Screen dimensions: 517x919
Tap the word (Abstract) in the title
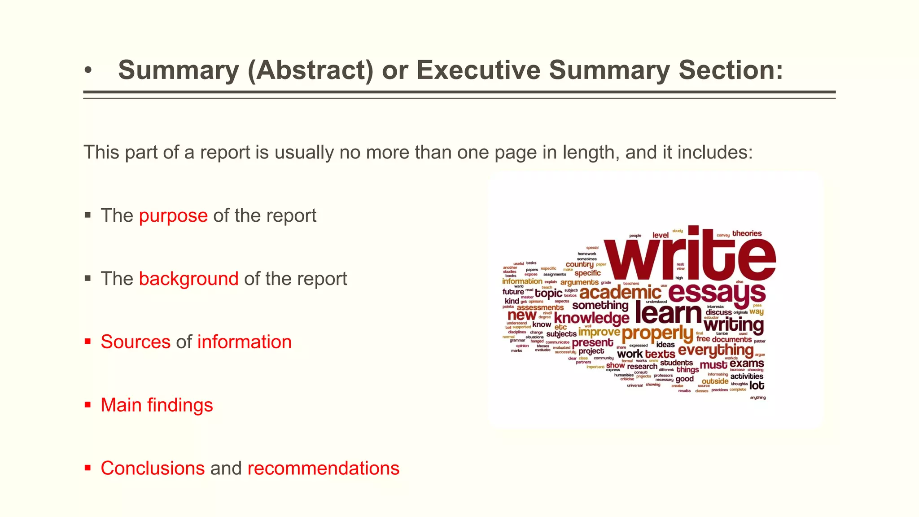point(310,70)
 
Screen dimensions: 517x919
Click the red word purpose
point(173,216)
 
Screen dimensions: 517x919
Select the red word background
point(188,279)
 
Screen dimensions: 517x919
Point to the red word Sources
point(136,342)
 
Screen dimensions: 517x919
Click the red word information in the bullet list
point(245,342)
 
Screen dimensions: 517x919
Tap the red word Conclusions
point(153,468)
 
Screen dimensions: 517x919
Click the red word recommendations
point(323,468)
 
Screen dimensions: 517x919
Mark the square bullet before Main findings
point(88,405)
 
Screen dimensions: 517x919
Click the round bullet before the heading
point(88,71)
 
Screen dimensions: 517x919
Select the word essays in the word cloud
point(717,293)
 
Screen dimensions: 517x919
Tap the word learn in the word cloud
point(668,314)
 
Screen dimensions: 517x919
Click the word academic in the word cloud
point(620,293)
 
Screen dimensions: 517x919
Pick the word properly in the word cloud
point(657,333)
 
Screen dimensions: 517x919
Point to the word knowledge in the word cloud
point(591,318)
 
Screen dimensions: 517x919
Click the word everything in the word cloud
point(715,350)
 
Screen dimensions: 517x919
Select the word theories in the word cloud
point(747,233)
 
